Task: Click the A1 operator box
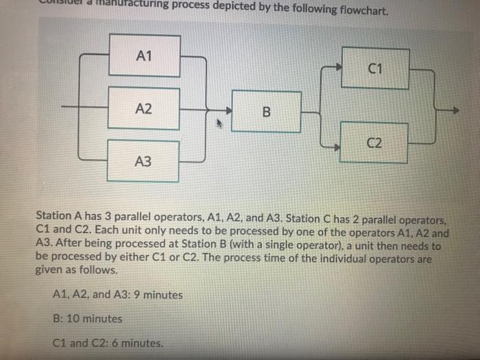click(x=143, y=56)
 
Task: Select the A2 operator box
click(x=143, y=108)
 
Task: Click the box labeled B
click(x=267, y=111)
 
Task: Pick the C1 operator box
click(x=374, y=68)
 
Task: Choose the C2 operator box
click(x=374, y=143)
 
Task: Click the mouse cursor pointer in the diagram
click(x=219, y=124)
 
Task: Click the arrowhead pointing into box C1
click(x=337, y=68)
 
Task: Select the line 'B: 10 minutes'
click(x=87, y=318)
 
